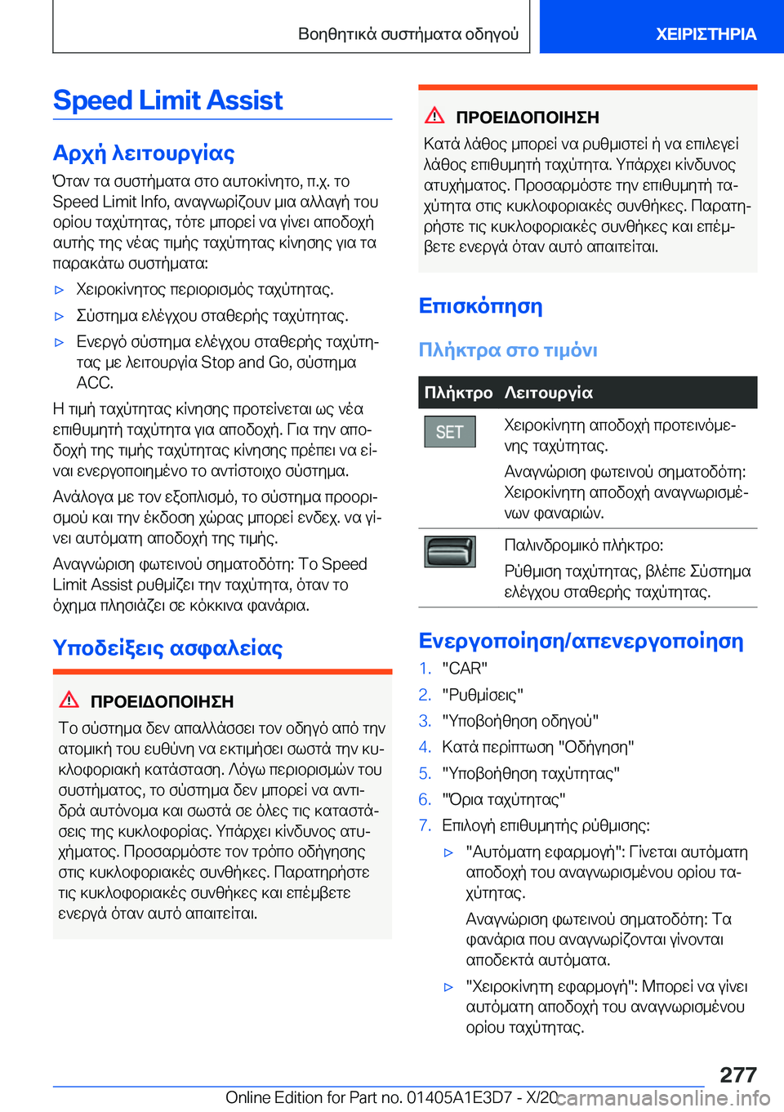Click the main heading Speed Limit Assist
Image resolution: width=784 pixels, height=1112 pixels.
[168, 100]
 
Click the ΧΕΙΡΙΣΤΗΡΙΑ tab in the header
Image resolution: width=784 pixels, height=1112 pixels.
[706, 34]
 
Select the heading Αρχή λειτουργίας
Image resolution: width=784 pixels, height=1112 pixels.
[144, 153]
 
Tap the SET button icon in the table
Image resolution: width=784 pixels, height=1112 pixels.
[449, 432]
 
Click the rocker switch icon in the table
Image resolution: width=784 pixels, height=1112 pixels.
[449, 552]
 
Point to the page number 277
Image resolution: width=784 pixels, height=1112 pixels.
[738, 1074]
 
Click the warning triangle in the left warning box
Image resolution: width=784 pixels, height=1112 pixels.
[69, 700]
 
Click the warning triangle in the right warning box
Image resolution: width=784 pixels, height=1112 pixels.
[434, 115]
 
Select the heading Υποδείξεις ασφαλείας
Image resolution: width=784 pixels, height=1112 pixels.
[167, 648]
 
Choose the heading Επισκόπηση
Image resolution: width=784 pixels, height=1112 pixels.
[480, 306]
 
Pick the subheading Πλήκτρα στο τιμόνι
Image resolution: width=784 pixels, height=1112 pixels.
[508, 350]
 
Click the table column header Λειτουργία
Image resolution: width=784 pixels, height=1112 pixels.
[548, 393]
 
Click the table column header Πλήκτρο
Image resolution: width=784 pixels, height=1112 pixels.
[458, 393]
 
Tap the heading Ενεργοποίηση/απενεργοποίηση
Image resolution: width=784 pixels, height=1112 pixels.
[581, 641]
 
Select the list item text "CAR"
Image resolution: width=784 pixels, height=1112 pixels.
[465, 669]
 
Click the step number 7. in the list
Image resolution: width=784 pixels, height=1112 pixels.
[425, 825]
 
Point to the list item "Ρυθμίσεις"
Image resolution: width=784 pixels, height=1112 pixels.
[483, 695]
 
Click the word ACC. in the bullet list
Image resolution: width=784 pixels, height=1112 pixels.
[95, 383]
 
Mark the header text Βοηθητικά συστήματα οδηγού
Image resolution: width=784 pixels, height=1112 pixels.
[408, 34]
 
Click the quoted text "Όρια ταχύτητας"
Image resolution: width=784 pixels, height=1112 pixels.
[503, 799]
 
